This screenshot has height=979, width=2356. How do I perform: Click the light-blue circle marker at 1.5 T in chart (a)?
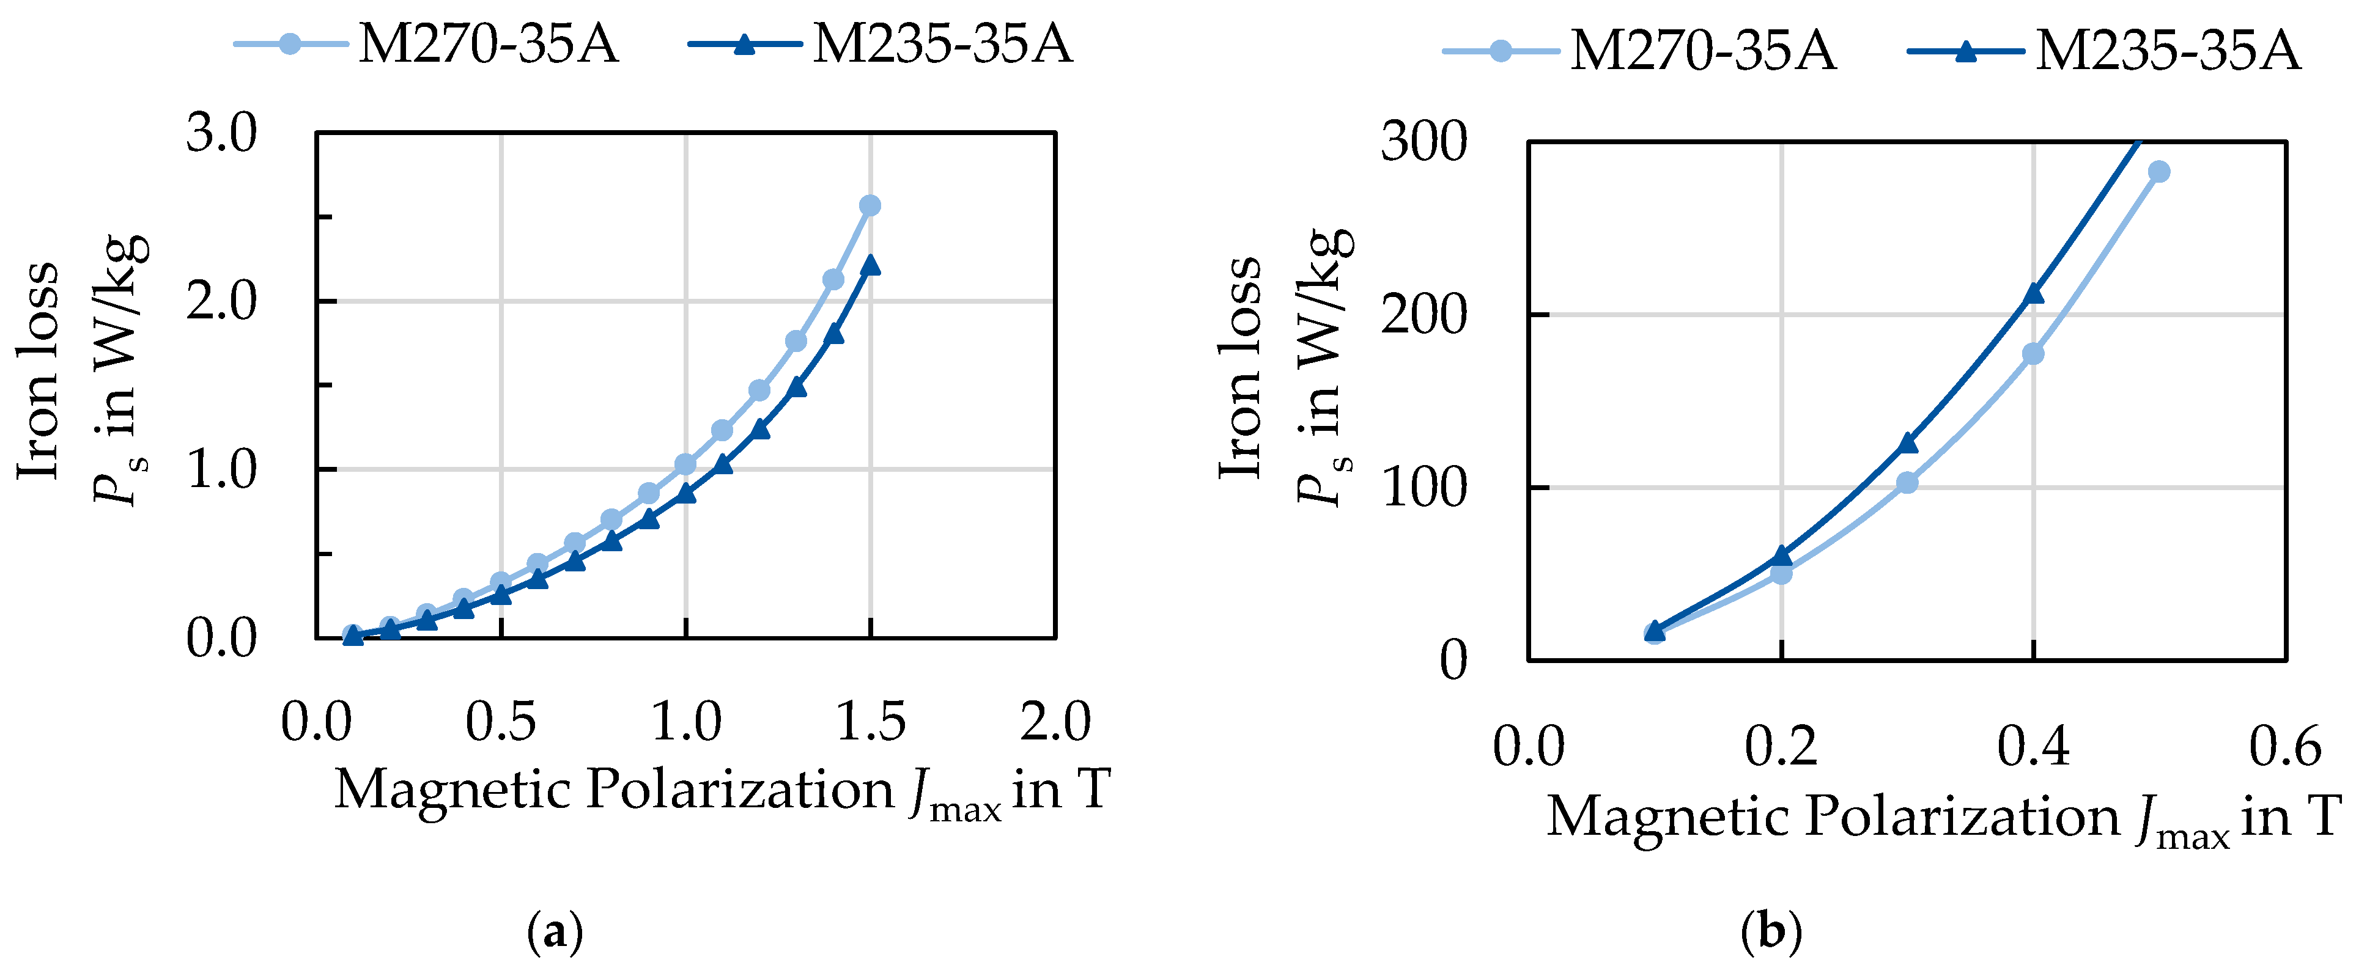870,206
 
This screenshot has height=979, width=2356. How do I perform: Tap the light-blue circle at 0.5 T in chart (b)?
2158,172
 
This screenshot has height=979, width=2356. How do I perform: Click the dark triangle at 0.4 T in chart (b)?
2033,293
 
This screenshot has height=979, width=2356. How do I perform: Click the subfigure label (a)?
555,933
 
